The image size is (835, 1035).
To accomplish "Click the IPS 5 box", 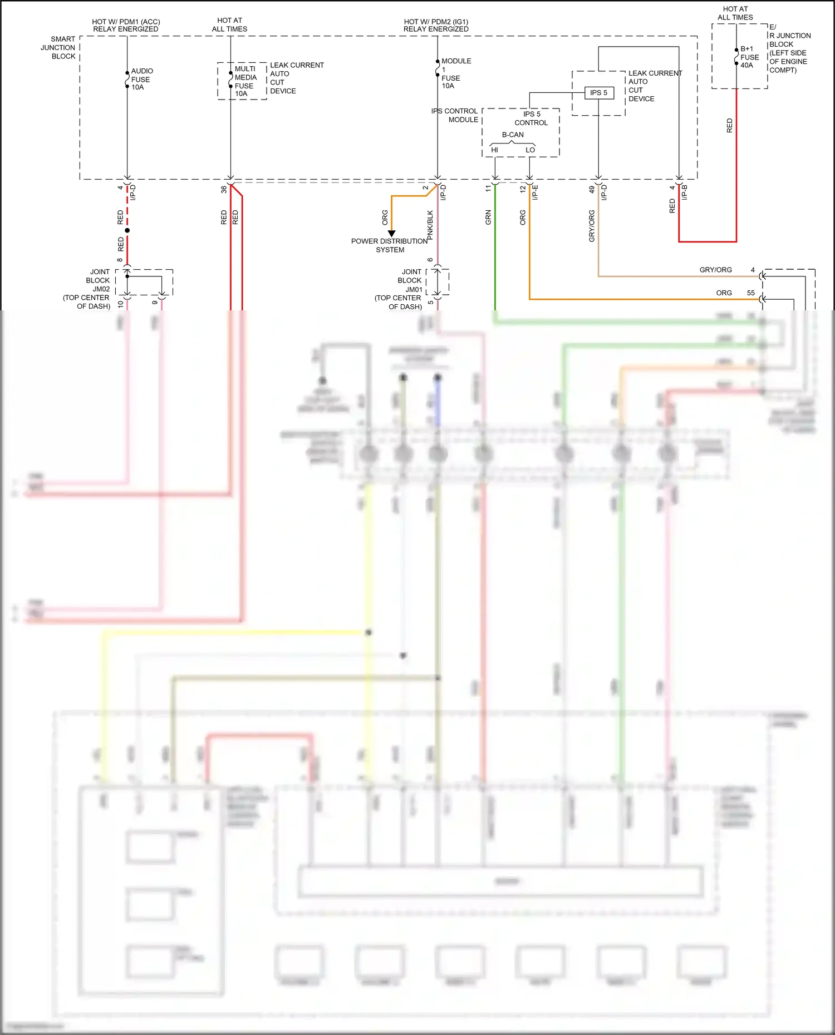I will (599, 93).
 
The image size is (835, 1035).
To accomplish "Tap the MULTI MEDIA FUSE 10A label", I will (245, 81).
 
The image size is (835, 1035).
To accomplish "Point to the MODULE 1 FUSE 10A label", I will (453, 73).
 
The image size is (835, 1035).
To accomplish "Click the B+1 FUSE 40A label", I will (749, 57).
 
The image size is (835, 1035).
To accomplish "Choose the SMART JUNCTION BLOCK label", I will (58, 48).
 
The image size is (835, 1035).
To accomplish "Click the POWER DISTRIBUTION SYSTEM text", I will (389, 245).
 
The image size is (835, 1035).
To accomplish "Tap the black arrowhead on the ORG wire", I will (391, 234).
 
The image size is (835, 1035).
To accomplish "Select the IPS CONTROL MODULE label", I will (455, 115).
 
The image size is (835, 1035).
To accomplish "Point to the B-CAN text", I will (513, 135).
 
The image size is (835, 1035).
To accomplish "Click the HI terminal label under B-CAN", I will (494, 150).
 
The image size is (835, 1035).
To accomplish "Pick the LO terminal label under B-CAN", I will (530, 150).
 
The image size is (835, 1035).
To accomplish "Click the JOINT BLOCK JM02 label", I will (88, 289).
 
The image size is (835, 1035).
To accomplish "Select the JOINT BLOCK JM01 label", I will (400, 289).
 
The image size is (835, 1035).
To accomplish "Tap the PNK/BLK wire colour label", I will (430, 225).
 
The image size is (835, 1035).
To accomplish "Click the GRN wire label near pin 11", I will (488, 217).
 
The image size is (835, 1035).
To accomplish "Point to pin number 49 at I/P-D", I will (592, 189).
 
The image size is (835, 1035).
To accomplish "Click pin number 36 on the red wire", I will (224, 189).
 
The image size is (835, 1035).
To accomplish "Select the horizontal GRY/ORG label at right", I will (715, 270).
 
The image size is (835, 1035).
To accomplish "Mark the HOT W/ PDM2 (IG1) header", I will (436, 25).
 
